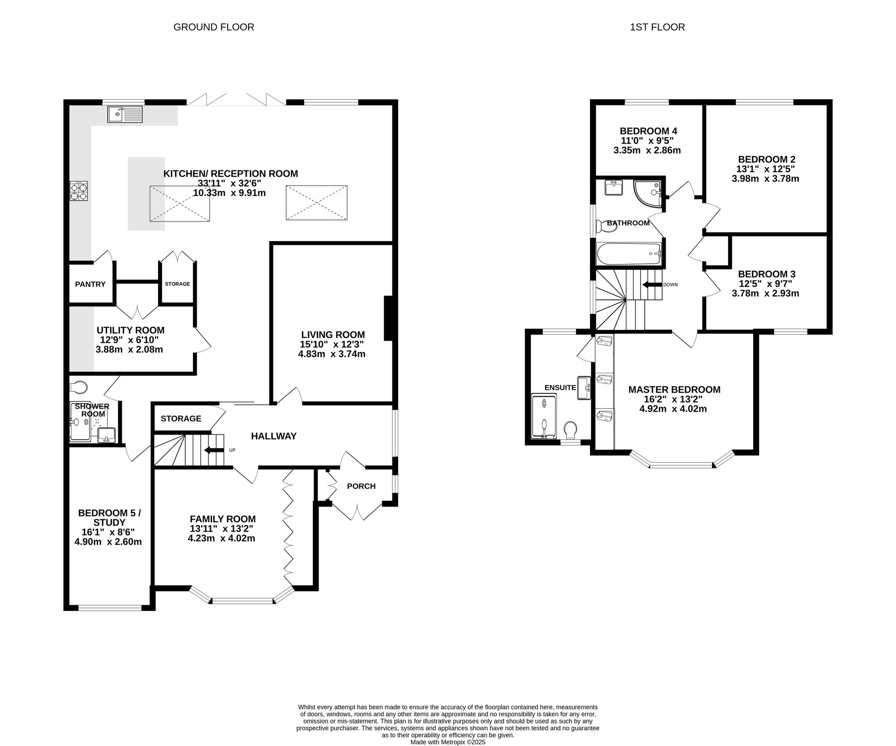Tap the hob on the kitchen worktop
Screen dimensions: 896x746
[78, 191]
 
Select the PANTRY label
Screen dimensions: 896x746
[90, 284]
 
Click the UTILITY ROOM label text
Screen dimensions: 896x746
[131, 330]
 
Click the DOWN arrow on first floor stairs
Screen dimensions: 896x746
[652, 285]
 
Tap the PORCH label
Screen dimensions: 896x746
[361, 486]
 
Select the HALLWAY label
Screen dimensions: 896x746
[274, 436]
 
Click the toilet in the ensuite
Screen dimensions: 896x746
[570, 430]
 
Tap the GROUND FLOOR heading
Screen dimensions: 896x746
[214, 27]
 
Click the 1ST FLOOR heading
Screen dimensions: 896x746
[657, 27]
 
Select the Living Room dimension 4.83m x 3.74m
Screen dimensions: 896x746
[332, 354]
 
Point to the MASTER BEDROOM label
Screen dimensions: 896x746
[674, 390]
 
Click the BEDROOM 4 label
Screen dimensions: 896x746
[648, 131]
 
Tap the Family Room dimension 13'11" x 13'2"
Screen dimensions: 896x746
[222, 529]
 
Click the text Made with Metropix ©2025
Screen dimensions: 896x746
[448, 742]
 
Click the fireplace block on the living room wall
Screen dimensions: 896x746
[388, 318]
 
